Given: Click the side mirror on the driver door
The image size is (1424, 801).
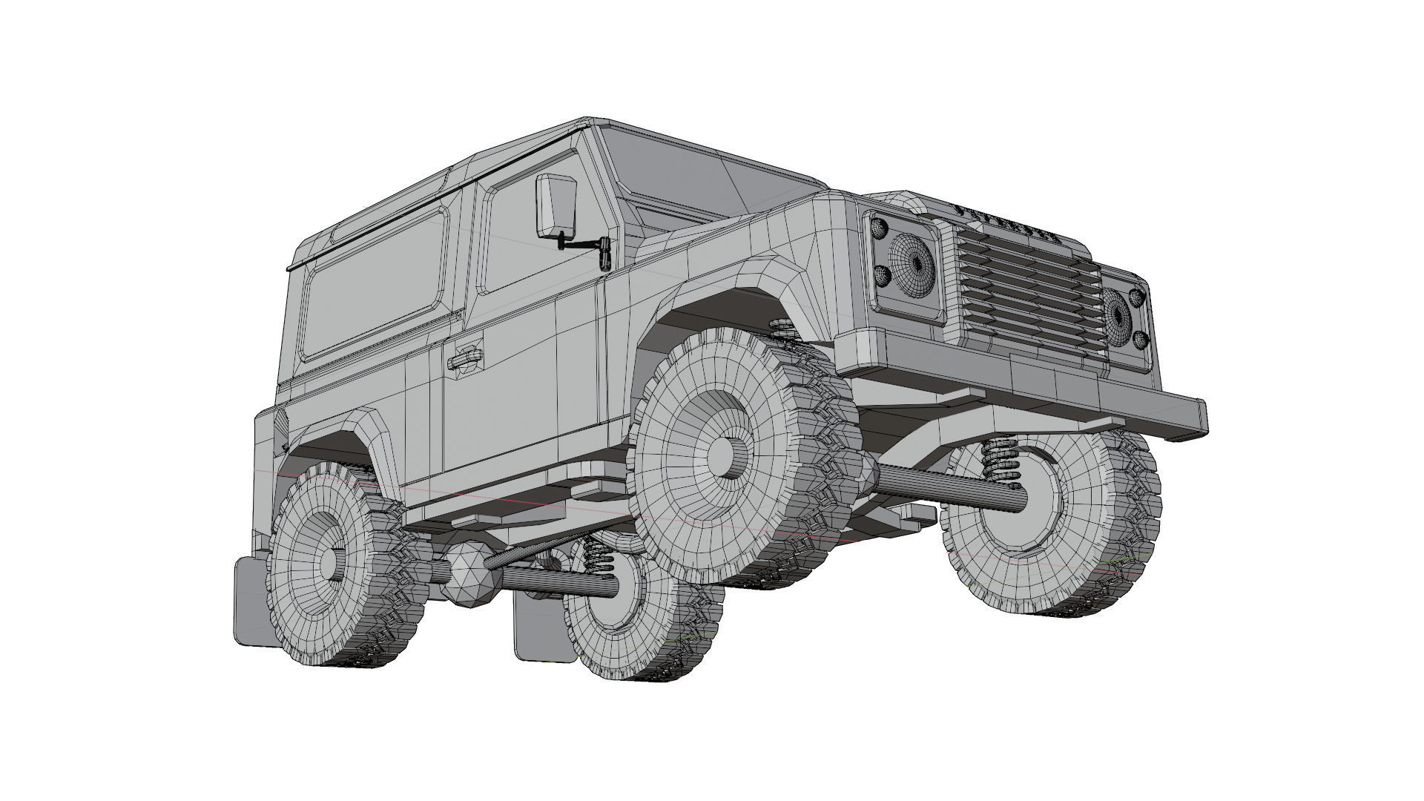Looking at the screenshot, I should [556, 205].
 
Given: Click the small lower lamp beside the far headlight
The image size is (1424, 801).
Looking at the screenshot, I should [1141, 341].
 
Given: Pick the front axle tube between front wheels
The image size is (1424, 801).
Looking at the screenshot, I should [949, 486].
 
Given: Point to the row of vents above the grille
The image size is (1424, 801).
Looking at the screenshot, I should [1012, 220].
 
